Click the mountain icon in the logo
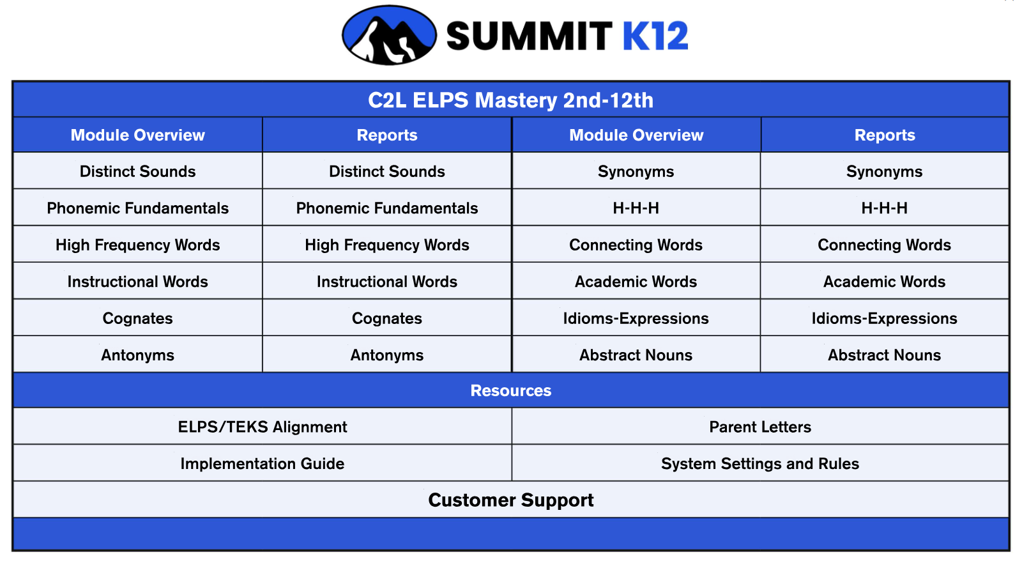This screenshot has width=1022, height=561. pos(389,35)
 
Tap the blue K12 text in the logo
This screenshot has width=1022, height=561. pos(655,36)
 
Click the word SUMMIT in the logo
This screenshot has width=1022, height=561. pos(530,36)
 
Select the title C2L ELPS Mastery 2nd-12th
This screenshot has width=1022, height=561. pos(510,100)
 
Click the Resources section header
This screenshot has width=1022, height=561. pos(510,390)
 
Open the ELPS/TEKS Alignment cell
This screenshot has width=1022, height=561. pos(263,427)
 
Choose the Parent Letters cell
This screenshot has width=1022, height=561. pos(760,427)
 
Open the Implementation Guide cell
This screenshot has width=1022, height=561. pos(263,463)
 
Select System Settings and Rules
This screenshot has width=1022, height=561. pos(760,463)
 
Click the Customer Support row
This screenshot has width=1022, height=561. pos(510,500)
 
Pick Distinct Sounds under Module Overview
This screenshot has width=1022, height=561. pos(138,171)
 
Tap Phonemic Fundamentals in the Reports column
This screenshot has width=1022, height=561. pos(387,208)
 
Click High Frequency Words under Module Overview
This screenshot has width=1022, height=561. pos(138,245)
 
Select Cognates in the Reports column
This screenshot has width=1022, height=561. pos(387,318)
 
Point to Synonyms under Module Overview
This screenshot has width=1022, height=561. pos(636,172)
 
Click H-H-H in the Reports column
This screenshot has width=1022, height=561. pos(884,208)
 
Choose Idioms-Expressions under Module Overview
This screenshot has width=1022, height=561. pos(636,318)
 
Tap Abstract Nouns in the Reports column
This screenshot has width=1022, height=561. pos(884,355)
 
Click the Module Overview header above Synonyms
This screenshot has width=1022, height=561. pos(636,135)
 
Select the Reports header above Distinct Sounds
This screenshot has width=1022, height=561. pos(387,135)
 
